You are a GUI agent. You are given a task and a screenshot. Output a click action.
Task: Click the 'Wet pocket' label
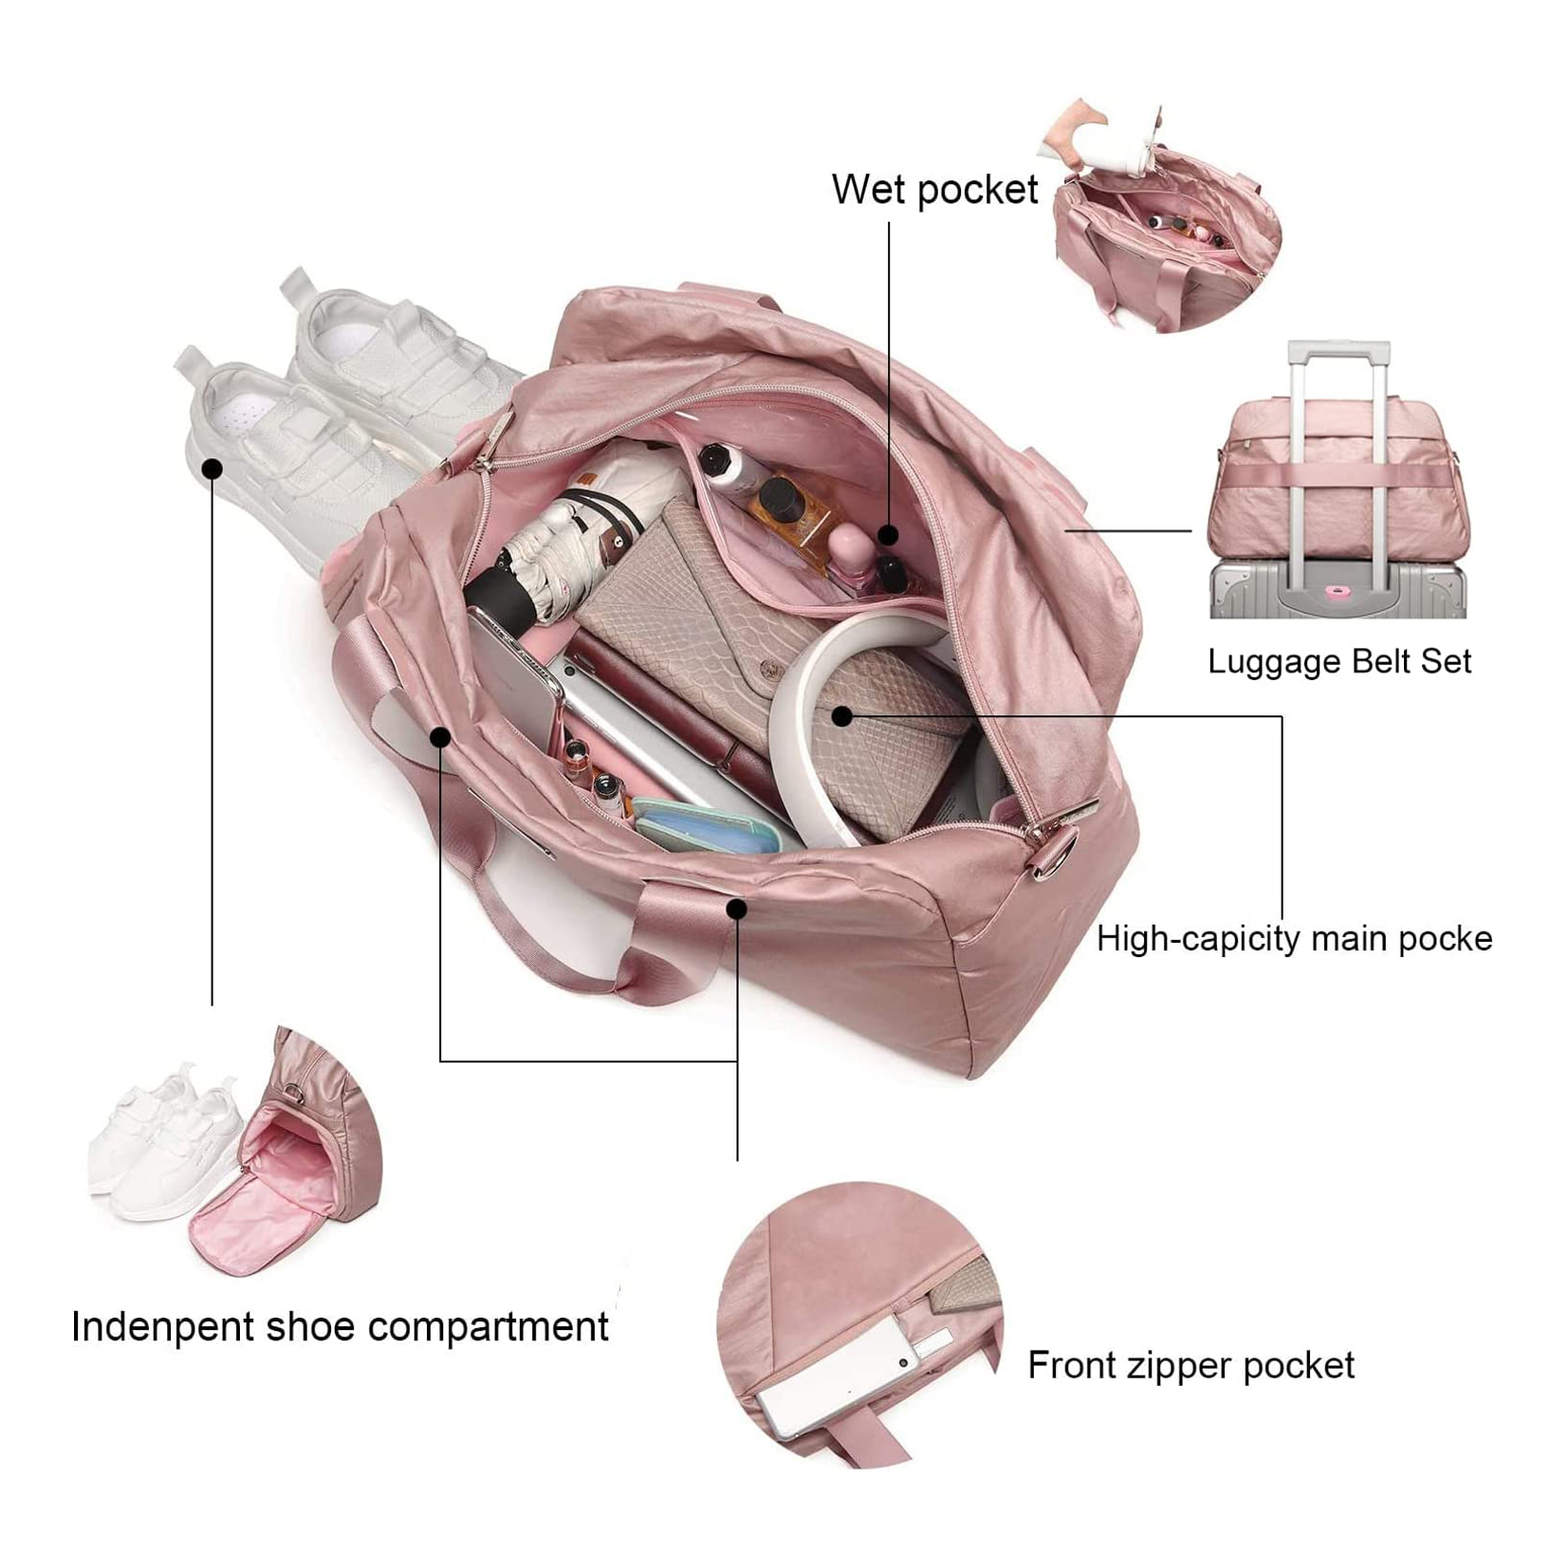coord(934,190)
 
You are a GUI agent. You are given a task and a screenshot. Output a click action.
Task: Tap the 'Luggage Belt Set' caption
coord(1338,661)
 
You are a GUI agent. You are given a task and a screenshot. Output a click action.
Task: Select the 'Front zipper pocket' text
coord(1190,1365)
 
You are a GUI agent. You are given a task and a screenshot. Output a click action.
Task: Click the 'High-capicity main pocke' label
coord(1294,938)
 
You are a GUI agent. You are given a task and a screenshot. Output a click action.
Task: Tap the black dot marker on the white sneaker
coord(213,469)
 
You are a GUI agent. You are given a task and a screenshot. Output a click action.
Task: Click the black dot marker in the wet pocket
coord(888,535)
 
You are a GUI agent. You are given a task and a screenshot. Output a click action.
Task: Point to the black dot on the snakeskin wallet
coord(841,716)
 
